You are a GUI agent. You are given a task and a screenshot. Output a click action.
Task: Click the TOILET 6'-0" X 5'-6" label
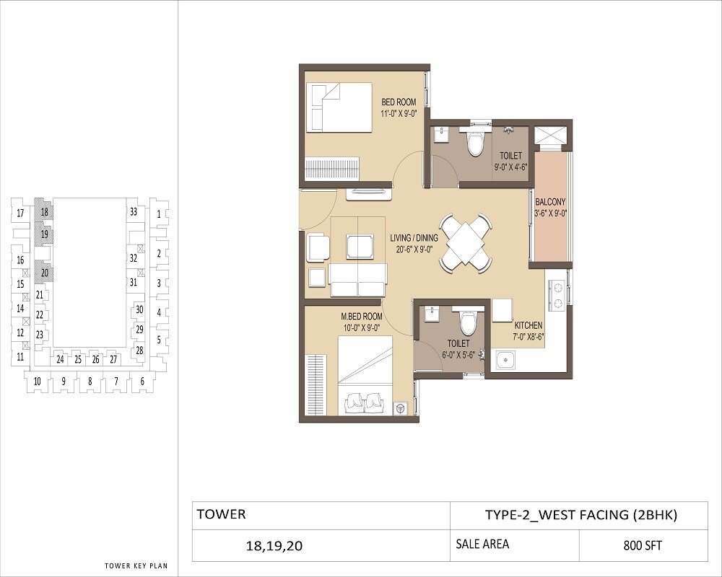click(458, 349)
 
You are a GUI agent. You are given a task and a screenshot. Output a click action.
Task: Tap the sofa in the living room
click(357, 280)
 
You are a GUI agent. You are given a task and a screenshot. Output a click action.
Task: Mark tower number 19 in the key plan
click(45, 234)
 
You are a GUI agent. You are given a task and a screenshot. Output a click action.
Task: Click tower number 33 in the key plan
click(134, 212)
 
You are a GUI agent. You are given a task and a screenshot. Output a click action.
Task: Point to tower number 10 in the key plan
click(38, 381)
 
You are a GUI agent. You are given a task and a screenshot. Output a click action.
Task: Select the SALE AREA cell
click(482, 544)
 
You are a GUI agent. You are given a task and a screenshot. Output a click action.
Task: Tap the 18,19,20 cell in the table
click(274, 546)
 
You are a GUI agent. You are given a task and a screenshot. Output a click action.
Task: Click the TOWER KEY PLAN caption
click(136, 565)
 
